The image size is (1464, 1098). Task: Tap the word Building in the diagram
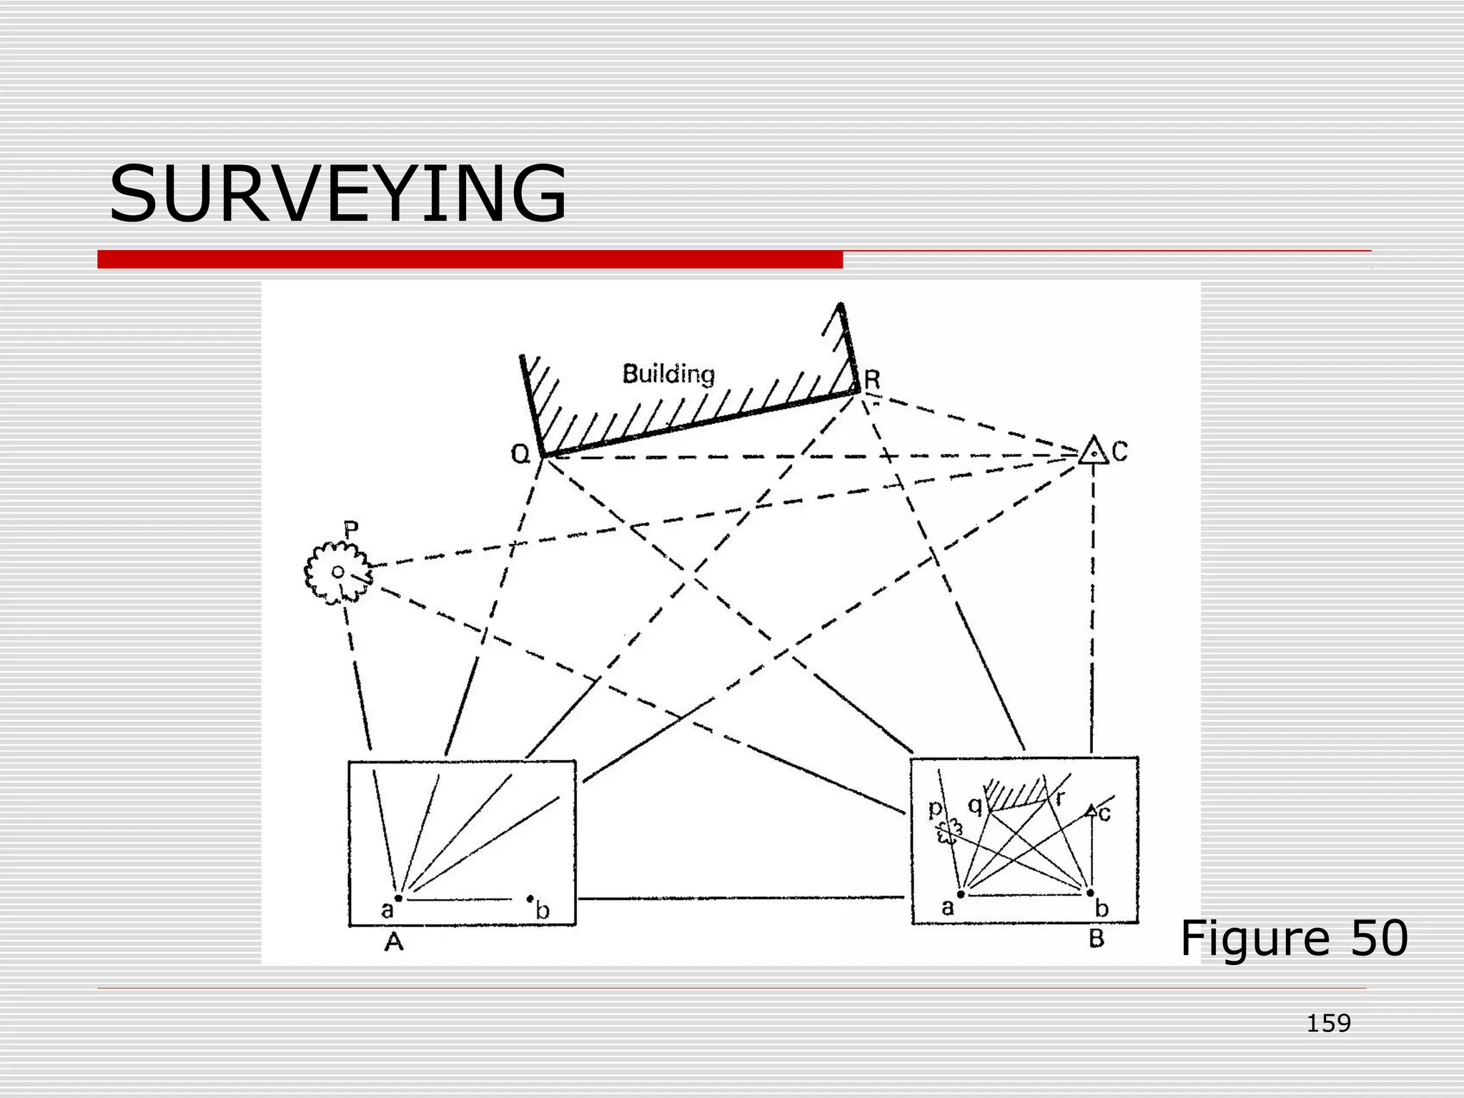point(668,374)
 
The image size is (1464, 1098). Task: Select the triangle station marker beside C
point(1093,451)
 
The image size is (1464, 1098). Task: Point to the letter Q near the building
point(520,453)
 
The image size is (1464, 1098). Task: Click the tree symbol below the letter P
point(337,572)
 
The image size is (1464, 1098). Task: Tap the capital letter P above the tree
point(351,530)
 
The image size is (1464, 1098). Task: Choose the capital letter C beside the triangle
point(1120,451)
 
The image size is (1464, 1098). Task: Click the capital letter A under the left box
point(394,943)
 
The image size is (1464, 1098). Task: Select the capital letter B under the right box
point(1097,939)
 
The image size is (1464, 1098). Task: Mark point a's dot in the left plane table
point(399,898)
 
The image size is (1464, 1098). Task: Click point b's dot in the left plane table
point(530,899)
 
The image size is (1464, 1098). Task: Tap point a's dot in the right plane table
point(961,894)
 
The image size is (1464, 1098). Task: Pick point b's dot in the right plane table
point(1090,893)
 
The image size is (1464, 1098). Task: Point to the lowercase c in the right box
point(1105,813)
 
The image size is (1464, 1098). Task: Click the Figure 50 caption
point(1293,938)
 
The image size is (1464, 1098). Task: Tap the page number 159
point(1328,1024)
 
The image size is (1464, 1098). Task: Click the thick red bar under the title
point(470,259)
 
